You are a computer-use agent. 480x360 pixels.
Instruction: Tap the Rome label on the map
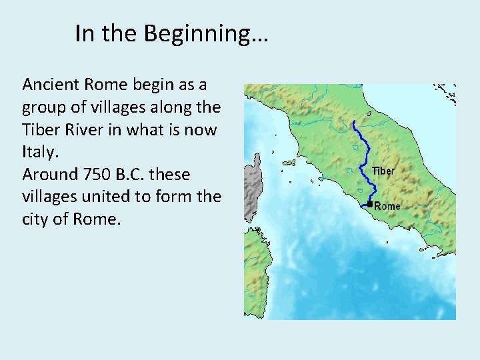387,206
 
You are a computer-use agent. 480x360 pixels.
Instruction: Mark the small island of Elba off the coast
289,162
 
